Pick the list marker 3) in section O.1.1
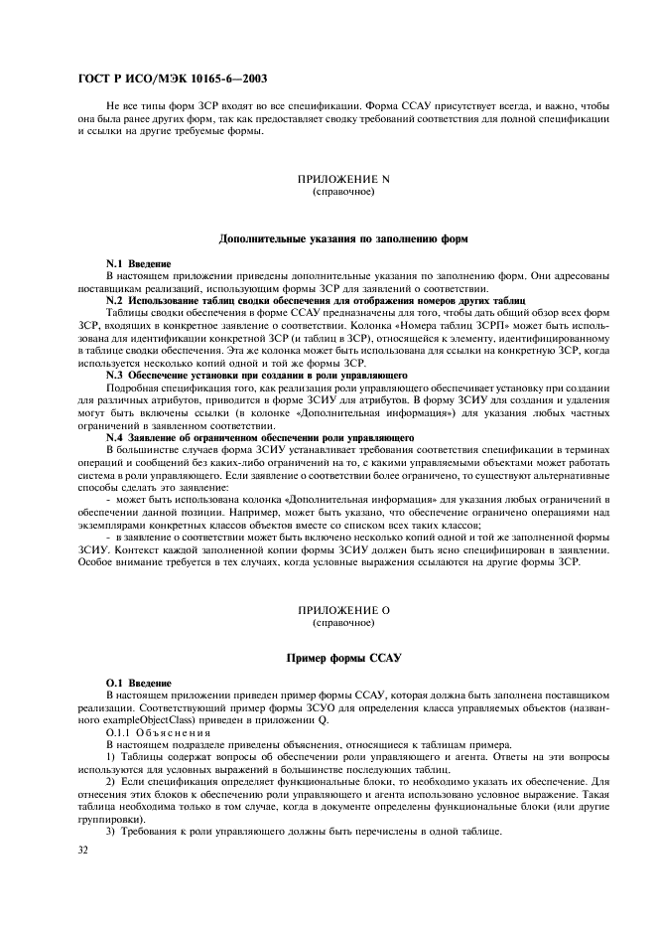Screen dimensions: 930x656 click(x=110, y=831)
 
